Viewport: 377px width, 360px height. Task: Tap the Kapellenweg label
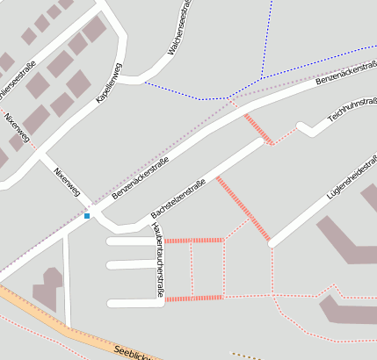click(109, 84)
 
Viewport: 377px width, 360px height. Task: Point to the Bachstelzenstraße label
click(178, 198)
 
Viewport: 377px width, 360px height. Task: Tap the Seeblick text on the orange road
click(133, 352)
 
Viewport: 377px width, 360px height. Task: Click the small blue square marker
click(87, 216)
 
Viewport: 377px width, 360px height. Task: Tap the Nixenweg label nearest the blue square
click(67, 180)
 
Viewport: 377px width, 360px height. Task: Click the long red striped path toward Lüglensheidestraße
click(243, 208)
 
